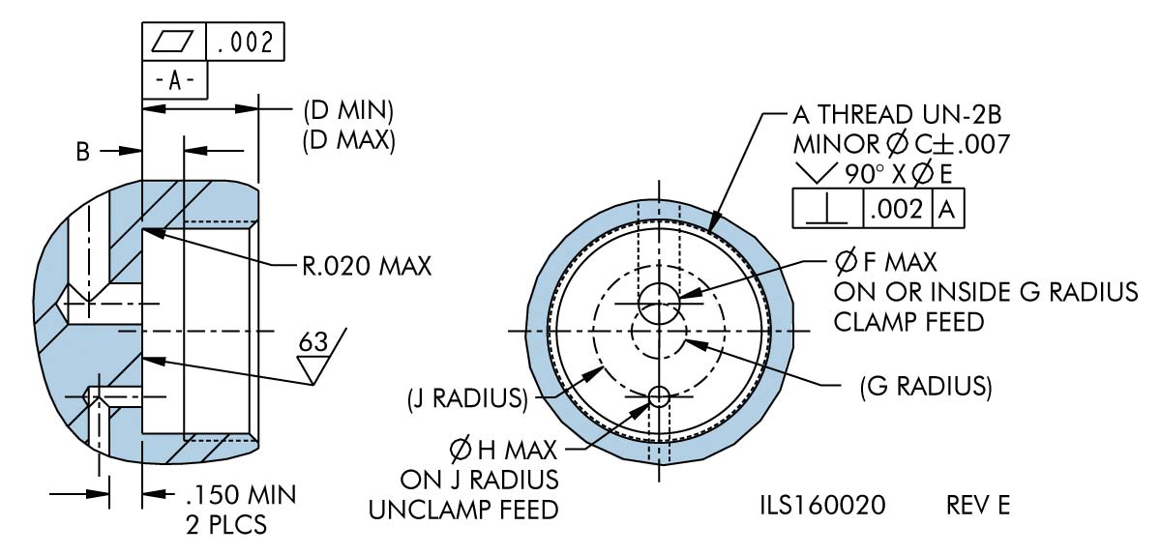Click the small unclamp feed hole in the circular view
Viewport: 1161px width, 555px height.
[659, 395]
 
